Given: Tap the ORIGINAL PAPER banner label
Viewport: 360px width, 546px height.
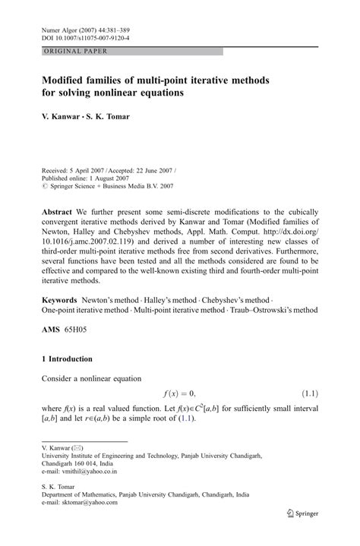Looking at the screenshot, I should (65, 52).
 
